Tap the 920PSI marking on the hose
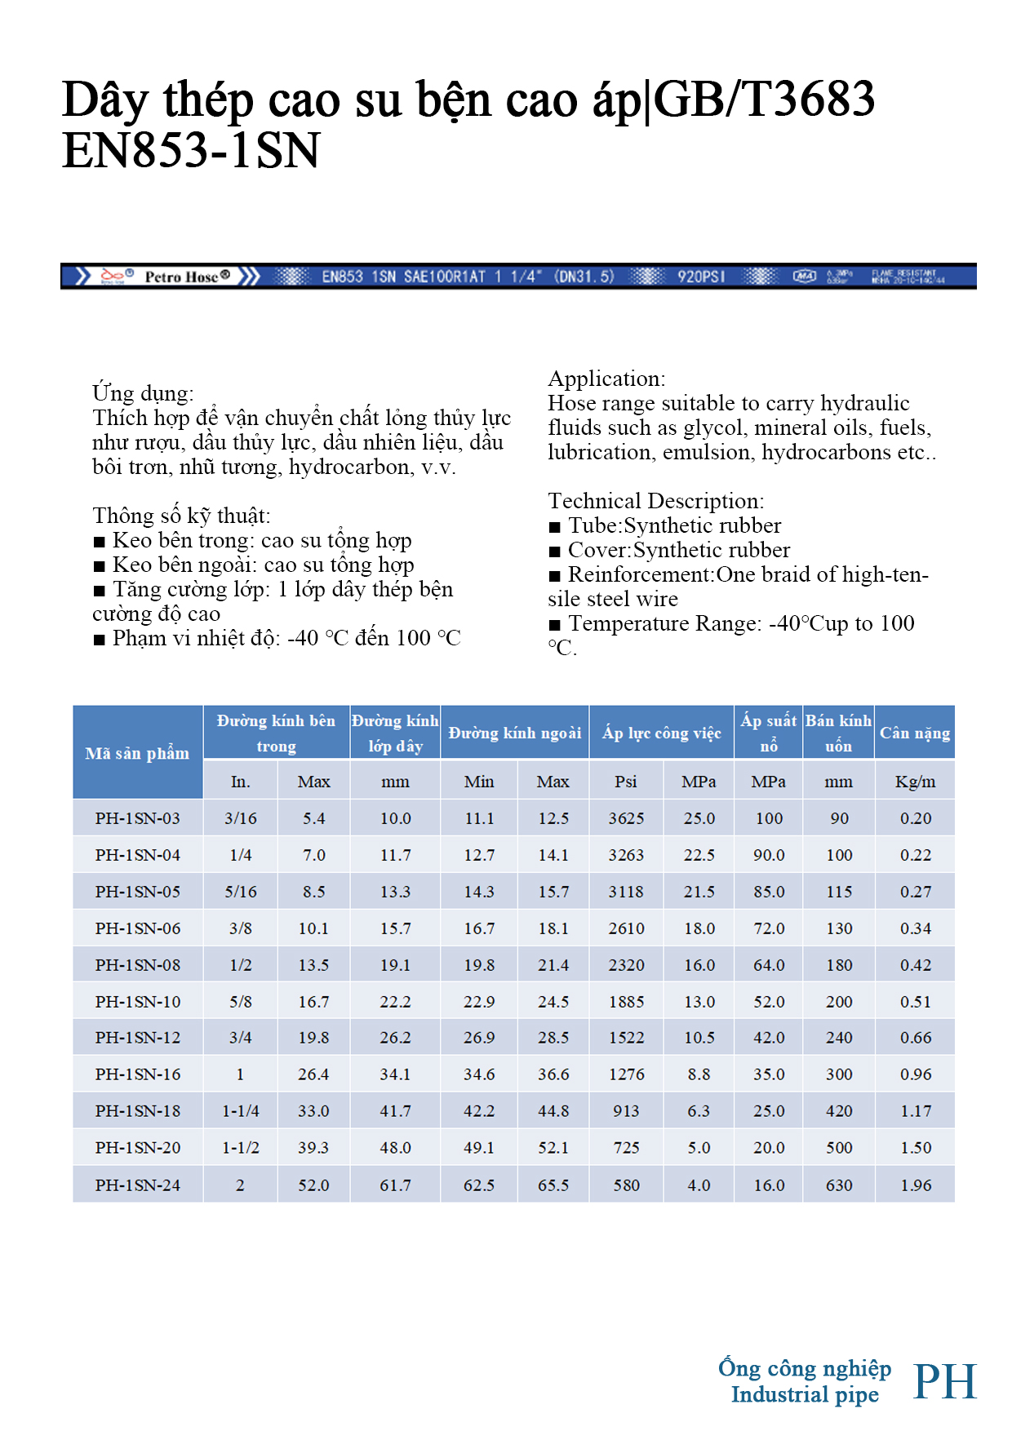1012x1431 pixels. [701, 277]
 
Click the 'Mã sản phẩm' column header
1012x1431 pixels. [137, 753]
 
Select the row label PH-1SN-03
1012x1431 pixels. [137, 818]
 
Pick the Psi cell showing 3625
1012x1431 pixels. [626, 818]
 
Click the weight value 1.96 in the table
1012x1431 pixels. [915, 1185]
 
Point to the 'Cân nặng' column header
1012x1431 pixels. [914, 733]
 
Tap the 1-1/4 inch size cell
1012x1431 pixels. [241, 1111]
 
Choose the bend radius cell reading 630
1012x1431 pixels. [839, 1185]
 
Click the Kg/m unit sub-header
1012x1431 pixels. [915, 782]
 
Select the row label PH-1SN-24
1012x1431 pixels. [137, 1185]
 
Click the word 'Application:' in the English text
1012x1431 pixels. [606, 379]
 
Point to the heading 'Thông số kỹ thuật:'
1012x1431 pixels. [181, 516]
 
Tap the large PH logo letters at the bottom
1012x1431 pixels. [945, 1381]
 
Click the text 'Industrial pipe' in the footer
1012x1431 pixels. [805, 1395]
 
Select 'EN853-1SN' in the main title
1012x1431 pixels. [191, 151]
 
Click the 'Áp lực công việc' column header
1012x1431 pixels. [661, 733]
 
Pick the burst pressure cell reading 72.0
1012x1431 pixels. [769, 928]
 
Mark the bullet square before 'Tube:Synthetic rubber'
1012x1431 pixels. [555, 527]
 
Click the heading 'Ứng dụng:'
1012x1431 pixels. [143, 393]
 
